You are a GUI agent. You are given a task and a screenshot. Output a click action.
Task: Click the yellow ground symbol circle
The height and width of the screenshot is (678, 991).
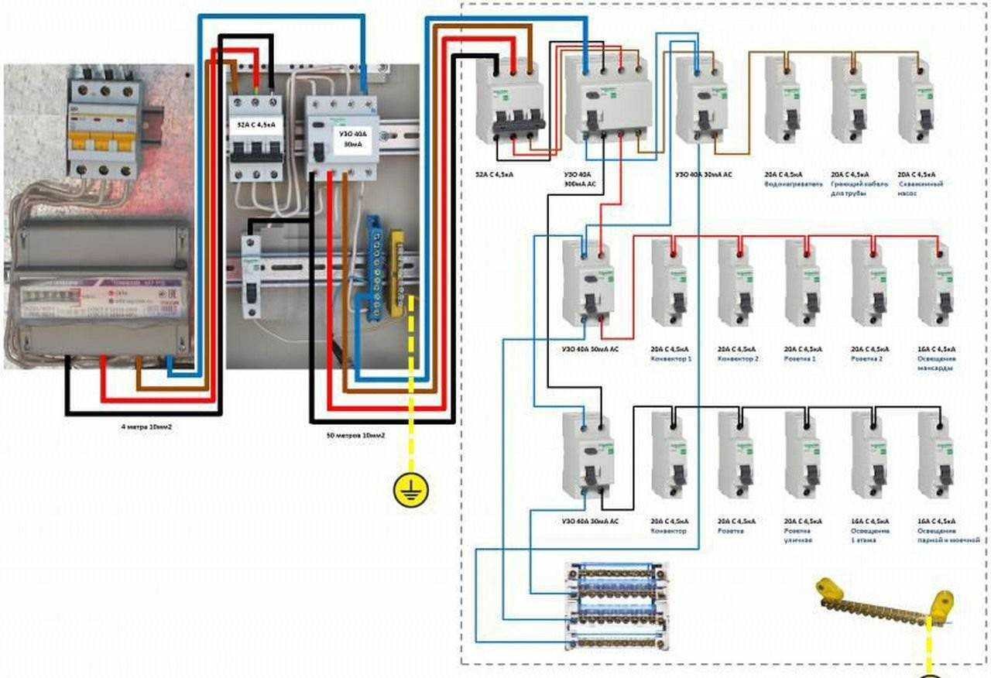[x=411, y=489]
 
